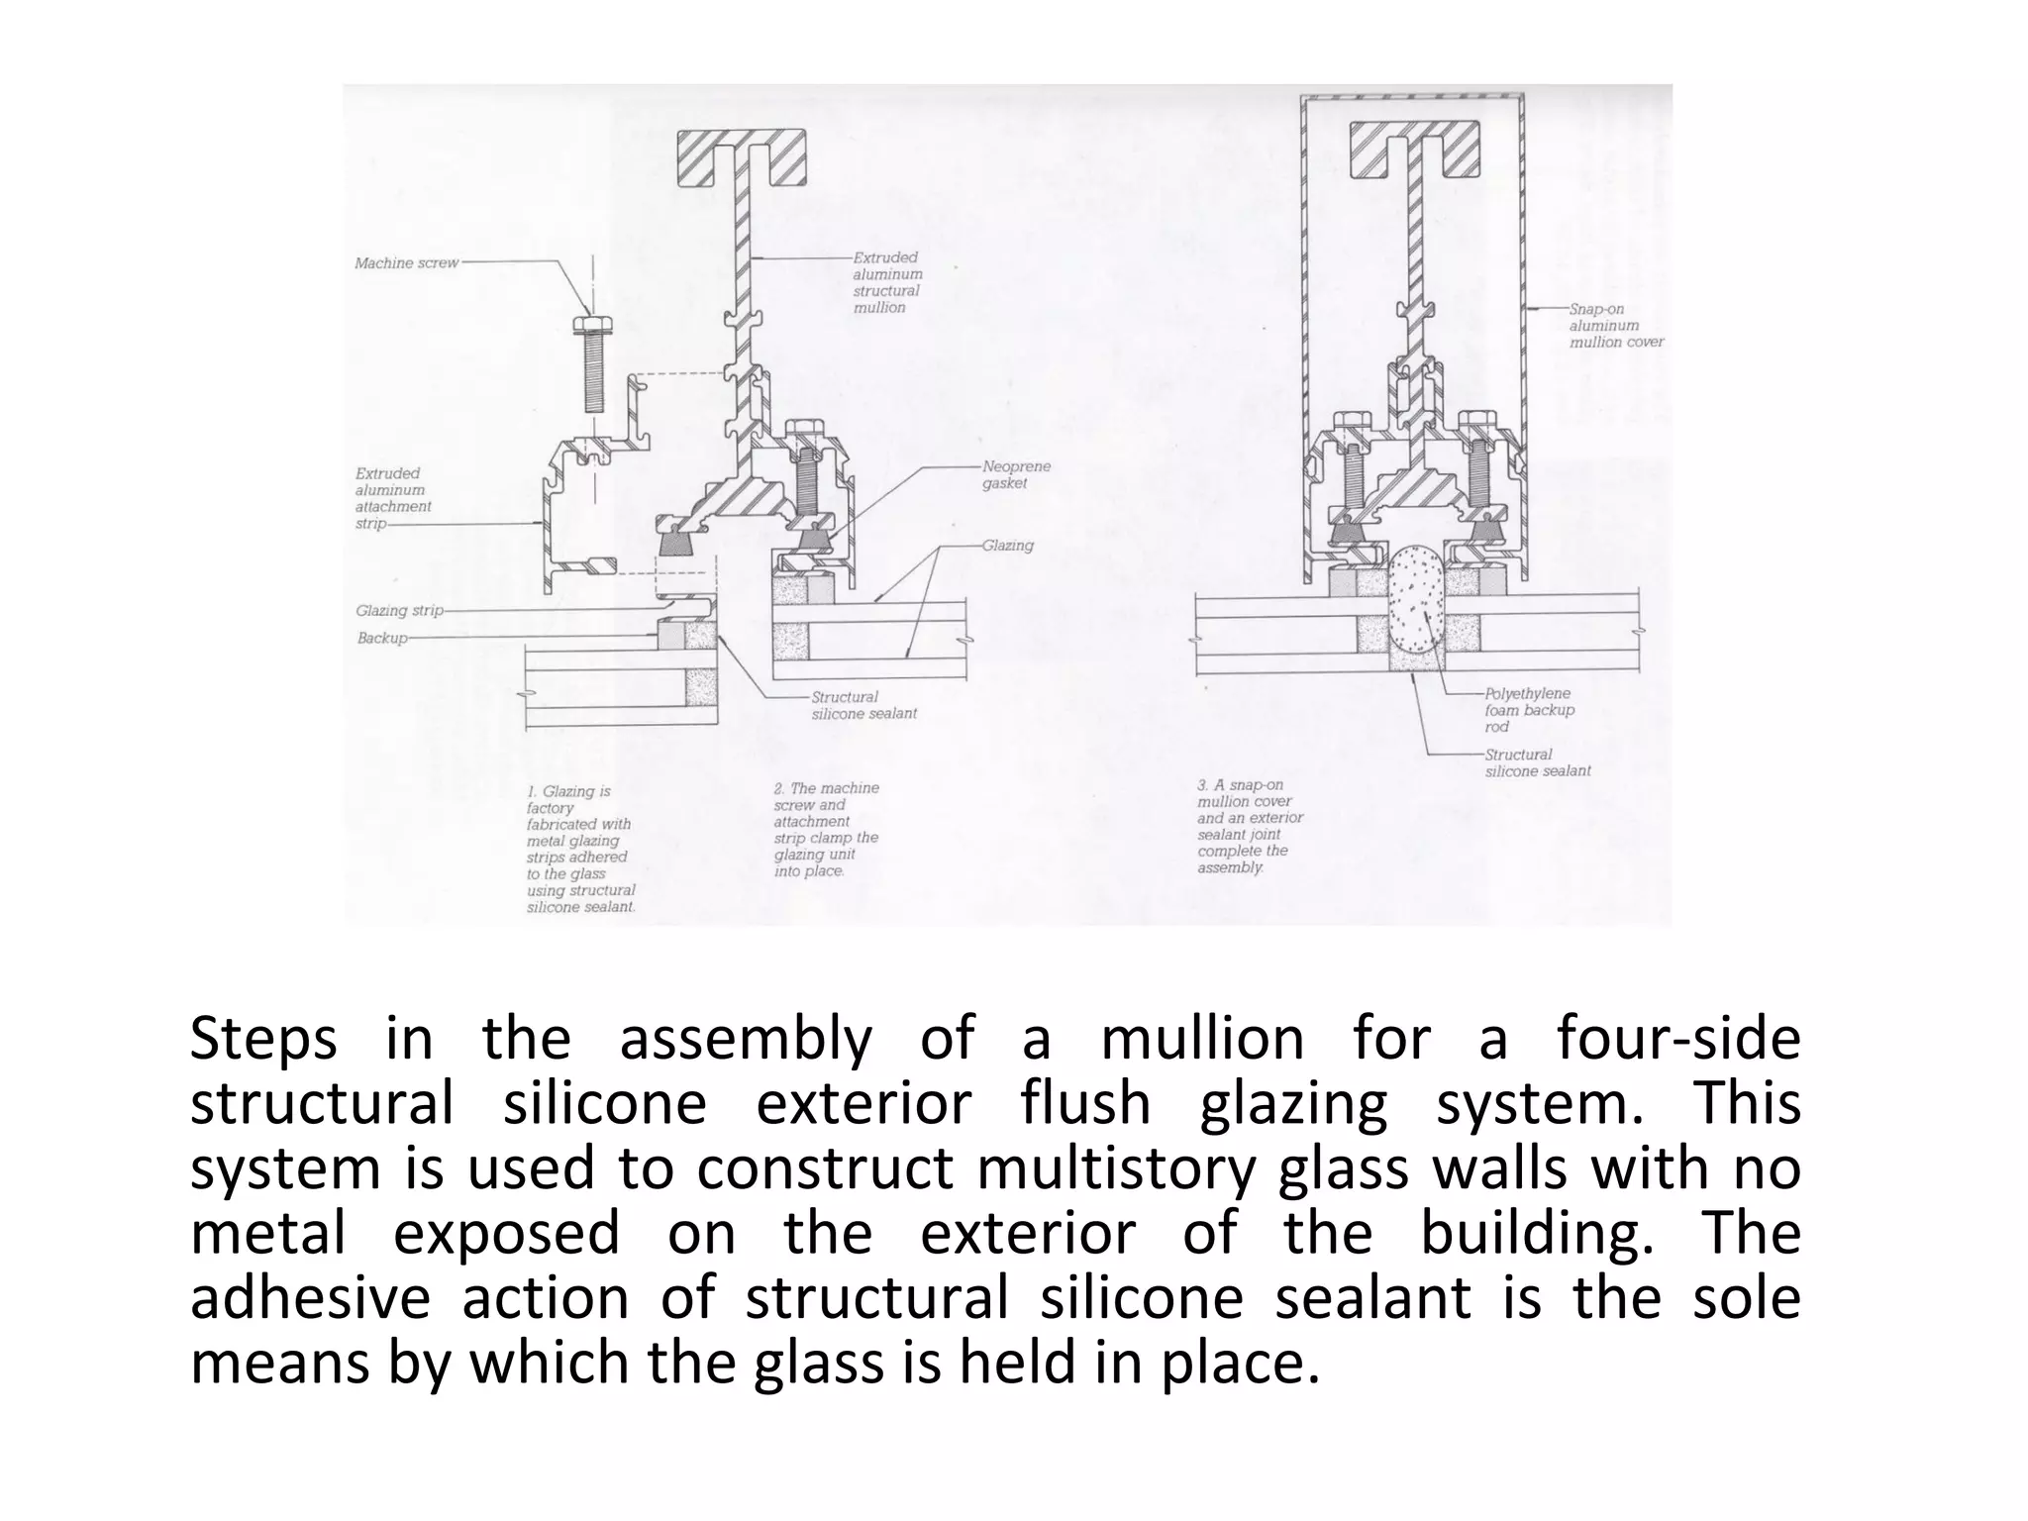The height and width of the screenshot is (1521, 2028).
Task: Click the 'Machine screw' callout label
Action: pos(406,263)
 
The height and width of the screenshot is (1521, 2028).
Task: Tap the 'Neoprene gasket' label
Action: pos(1016,475)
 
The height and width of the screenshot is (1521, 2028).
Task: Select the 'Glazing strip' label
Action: pos(399,611)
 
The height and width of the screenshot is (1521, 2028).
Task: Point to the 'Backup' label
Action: pos(382,639)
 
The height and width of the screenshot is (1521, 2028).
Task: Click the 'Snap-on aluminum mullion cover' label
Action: pos(1616,326)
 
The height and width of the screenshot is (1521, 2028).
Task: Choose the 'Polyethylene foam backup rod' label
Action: pos(1529,710)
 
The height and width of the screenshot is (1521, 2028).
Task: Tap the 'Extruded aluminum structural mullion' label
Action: pos(887,282)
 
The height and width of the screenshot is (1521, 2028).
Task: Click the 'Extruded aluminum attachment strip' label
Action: pos(393,498)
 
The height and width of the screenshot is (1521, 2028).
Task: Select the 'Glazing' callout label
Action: pos(1007,546)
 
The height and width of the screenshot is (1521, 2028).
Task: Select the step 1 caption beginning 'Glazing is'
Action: pos(580,850)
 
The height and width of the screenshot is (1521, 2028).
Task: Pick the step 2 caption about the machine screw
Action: pos(826,830)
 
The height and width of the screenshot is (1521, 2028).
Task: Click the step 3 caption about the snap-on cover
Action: pos(1250,826)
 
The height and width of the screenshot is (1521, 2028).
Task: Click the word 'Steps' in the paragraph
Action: pos(262,1040)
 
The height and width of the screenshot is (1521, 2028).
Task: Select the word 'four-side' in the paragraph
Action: pos(1677,1040)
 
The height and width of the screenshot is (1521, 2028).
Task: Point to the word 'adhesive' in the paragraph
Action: pos(310,1298)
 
